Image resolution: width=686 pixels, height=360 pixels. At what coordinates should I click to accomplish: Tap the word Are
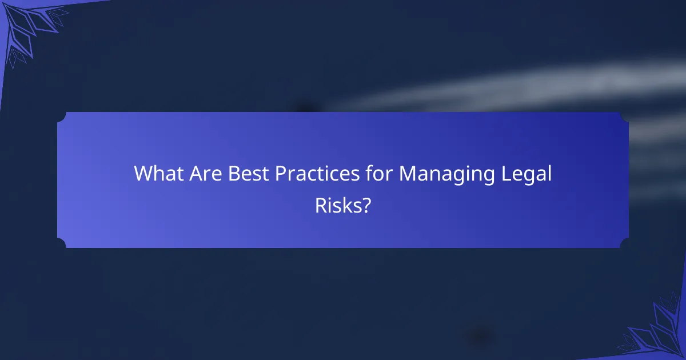tap(207, 174)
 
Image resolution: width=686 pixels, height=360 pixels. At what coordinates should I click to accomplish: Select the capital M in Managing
tap(407, 174)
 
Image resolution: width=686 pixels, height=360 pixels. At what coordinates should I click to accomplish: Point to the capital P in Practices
tap(281, 174)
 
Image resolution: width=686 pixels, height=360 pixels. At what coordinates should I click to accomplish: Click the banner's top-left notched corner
tap(61, 116)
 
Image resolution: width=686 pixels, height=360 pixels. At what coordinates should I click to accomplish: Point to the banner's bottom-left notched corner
tap(61, 244)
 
